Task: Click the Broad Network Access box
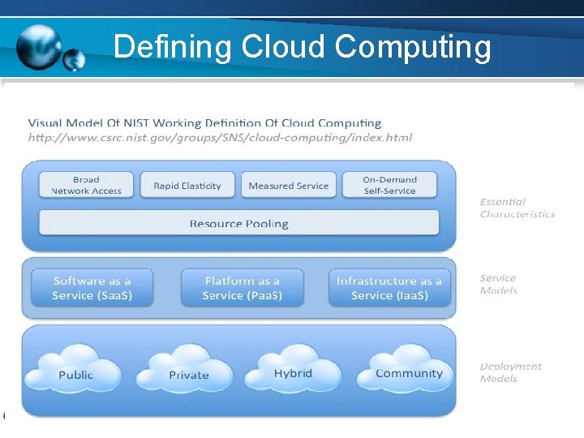point(86,185)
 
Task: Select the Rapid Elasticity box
point(187,186)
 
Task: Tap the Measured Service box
point(289,186)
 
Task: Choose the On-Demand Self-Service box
point(389,185)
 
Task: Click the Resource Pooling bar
point(238,223)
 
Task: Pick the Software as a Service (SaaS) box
point(92,288)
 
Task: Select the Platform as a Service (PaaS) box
point(242,288)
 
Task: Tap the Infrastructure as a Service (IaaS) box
point(389,288)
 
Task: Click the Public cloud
point(75,373)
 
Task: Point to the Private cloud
point(188,373)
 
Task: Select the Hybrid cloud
point(293,372)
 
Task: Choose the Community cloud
point(409,372)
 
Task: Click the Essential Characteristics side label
point(517,208)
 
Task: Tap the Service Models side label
point(498,284)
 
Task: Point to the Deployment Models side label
point(510,372)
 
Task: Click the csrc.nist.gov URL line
point(220,137)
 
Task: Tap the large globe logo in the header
point(38,46)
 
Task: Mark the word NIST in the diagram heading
point(136,123)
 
